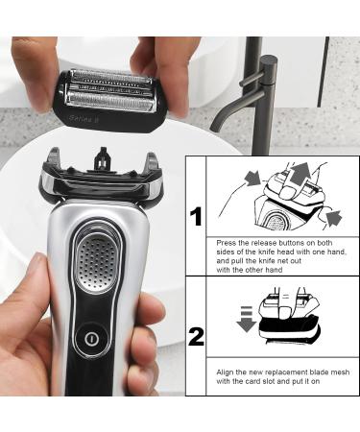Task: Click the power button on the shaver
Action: pyautogui.click(x=90, y=338)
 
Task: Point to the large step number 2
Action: pyautogui.click(x=196, y=337)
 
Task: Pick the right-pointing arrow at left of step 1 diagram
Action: pyautogui.click(x=252, y=179)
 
